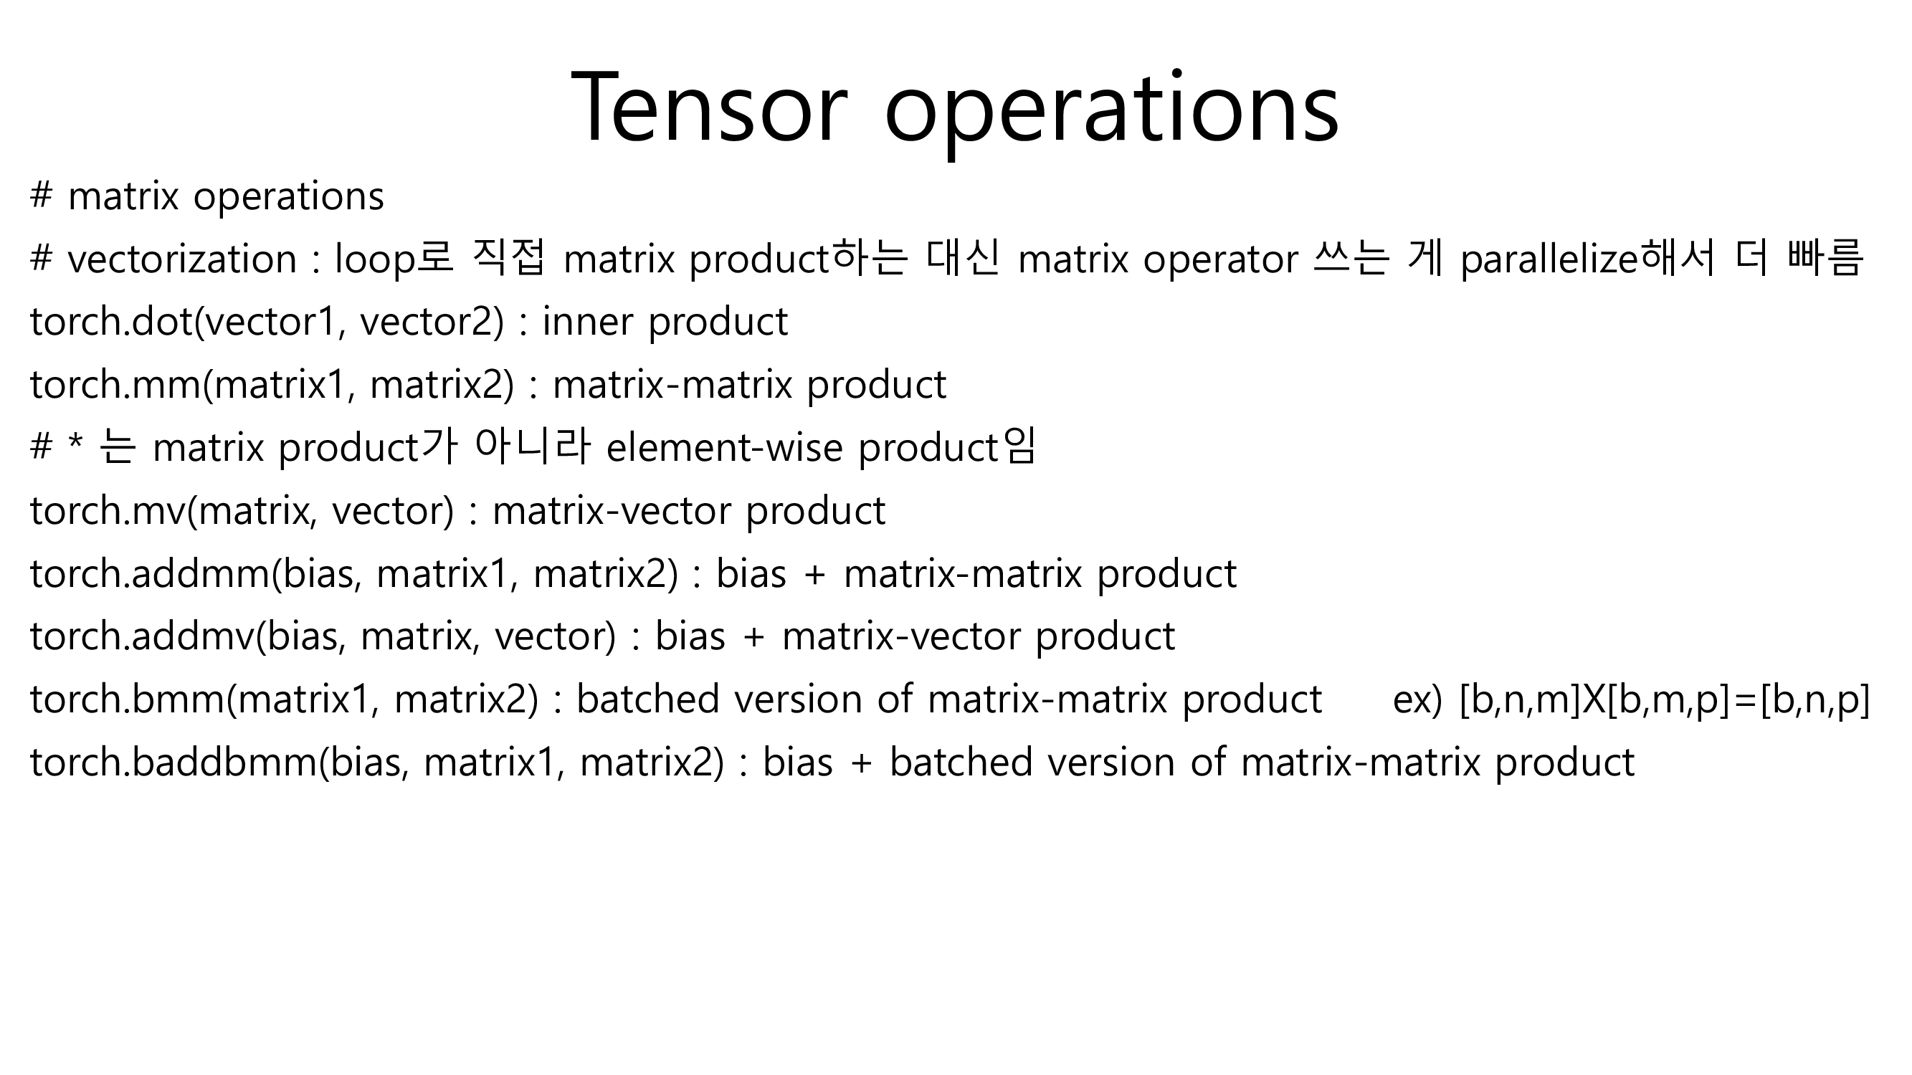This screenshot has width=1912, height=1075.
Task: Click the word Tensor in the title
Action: click(x=710, y=107)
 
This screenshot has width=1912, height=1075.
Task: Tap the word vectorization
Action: click(x=182, y=259)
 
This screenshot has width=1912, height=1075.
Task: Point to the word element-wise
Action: click(x=724, y=448)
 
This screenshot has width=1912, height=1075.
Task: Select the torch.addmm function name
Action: click(x=150, y=574)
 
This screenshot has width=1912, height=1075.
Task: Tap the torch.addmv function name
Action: click(x=142, y=636)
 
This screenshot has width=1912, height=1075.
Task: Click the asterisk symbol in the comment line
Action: click(x=75, y=444)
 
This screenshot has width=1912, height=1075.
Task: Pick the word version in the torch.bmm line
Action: click(x=797, y=700)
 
